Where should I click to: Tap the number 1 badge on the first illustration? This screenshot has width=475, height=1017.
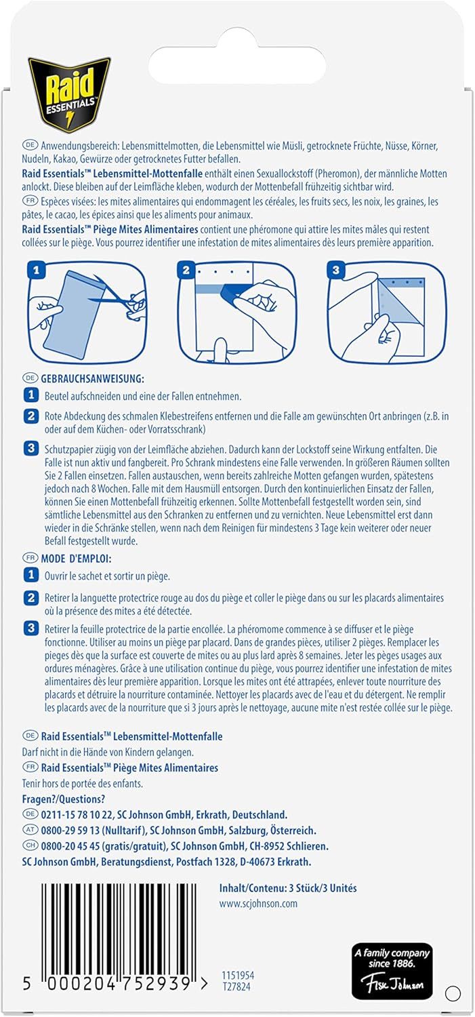tap(37, 270)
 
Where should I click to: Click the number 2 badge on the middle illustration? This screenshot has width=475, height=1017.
tap(186, 270)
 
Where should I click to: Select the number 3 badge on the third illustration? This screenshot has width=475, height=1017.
tap(335, 270)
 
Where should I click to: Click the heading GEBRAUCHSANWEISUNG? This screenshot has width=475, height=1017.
tap(93, 378)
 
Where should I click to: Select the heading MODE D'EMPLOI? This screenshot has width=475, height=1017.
tap(76, 559)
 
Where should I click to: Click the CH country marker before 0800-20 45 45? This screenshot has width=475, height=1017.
tap(30, 845)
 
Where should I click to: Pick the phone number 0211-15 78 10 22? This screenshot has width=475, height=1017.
tap(77, 814)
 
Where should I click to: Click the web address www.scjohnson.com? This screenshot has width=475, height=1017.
tap(258, 904)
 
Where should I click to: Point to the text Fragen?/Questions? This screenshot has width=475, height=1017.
tap(64, 799)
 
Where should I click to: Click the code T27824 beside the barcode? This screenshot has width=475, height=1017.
tap(235, 986)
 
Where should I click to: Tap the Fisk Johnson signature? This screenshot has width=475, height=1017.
tap(392, 983)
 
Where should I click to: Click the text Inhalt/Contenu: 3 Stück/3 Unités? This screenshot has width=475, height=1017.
tap(288, 888)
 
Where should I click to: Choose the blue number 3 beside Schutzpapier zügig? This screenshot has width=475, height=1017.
tap(31, 449)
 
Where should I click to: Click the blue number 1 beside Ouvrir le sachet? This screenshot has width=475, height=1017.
tap(31, 575)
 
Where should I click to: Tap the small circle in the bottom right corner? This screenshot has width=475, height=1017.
tap(453, 993)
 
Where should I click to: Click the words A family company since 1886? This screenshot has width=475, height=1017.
tap(392, 958)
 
